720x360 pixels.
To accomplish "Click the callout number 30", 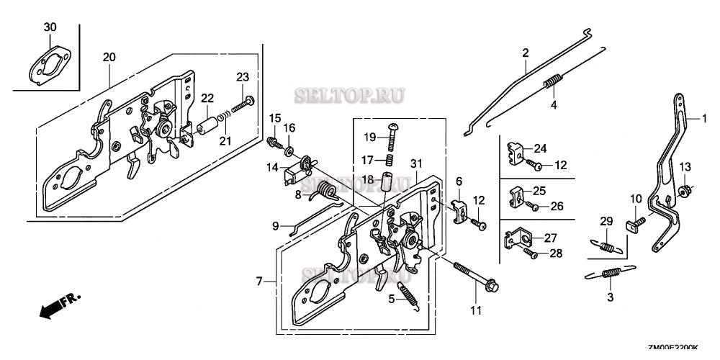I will pyautogui.click(x=49, y=27).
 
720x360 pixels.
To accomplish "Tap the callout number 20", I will pyautogui.click(x=109, y=57).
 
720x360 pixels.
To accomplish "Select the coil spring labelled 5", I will pyautogui.click(x=408, y=294).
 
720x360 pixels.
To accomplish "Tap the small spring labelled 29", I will pyautogui.click(x=608, y=244).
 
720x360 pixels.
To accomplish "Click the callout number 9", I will pyautogui.click(x=275, y=226).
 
